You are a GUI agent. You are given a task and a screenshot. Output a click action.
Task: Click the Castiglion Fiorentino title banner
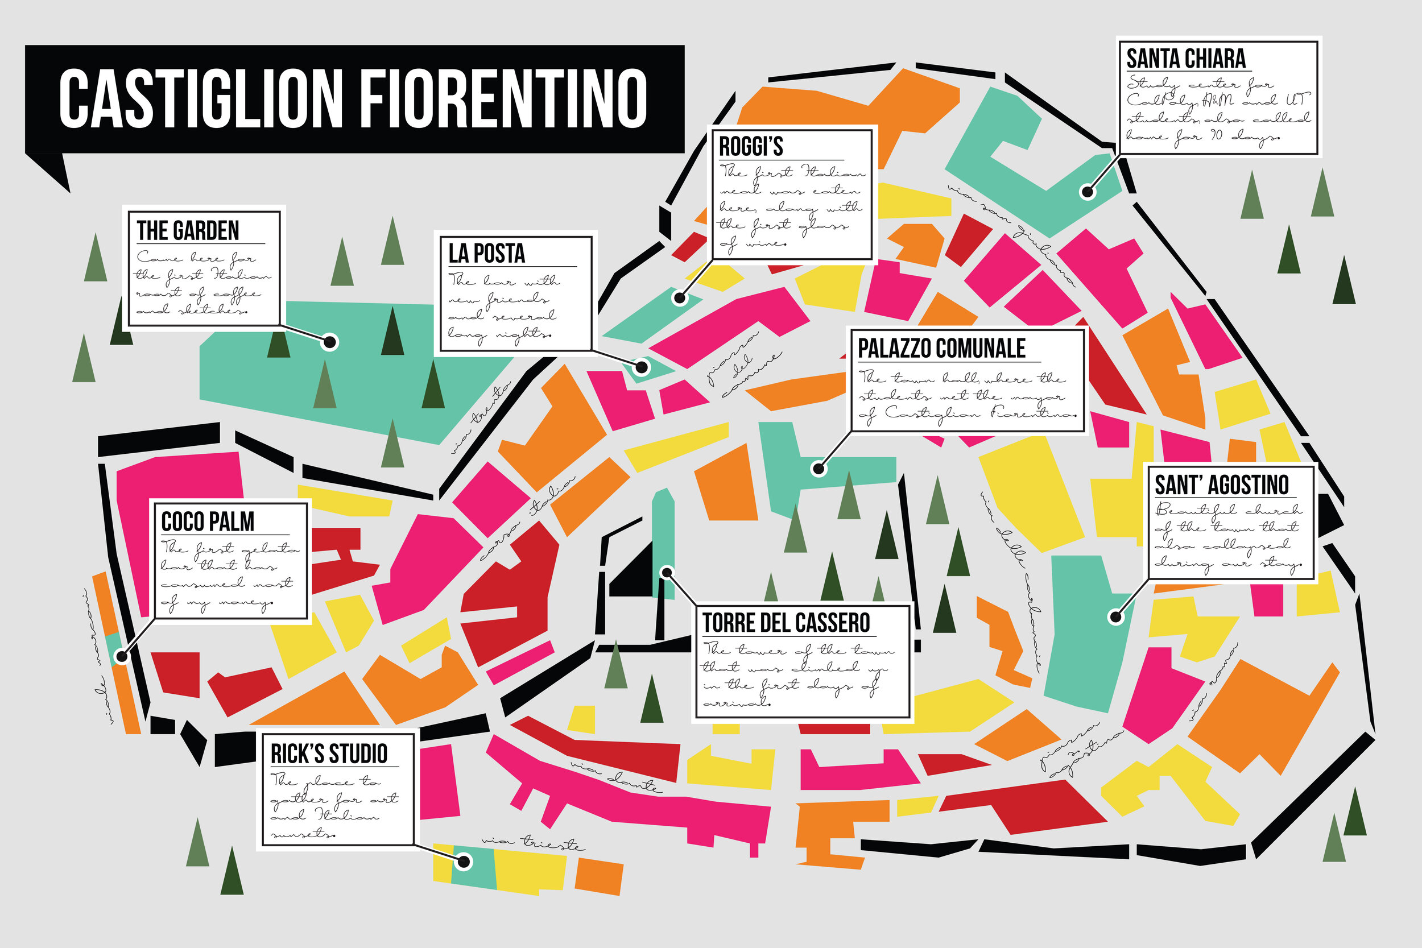[x=354, y=98]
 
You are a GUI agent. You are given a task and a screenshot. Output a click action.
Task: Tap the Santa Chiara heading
[x=1185, y=59]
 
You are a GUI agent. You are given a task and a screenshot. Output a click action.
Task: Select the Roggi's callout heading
[x=751, y=146]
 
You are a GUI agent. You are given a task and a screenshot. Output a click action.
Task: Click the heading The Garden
[x=188, y=230]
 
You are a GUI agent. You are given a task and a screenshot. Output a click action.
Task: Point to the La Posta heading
[x=487, y=253]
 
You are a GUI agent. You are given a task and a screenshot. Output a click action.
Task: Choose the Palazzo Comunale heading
[x=941, y=348]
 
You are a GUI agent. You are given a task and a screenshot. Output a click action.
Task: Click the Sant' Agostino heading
[x=1221, y=485]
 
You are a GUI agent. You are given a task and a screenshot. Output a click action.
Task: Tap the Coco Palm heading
[x=208, y=521]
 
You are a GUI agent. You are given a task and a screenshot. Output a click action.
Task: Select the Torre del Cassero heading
[x=786, y=623]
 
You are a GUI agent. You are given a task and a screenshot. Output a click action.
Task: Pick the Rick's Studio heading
[x=328, y=754]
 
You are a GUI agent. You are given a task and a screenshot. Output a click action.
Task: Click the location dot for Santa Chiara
[x=1088, y=192]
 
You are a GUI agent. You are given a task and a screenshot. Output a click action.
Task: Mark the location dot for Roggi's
[x=680, y=297]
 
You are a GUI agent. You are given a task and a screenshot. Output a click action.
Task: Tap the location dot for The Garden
[x=329, y=342]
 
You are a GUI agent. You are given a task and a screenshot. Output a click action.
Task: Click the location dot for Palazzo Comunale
[x=819, y=468]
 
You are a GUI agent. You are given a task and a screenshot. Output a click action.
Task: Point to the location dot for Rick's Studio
[x=464, y=862]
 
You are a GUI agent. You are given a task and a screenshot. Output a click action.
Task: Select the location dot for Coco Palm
[x=122, y=656]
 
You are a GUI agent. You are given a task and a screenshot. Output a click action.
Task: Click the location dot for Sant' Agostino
[x=1115, y=616]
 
